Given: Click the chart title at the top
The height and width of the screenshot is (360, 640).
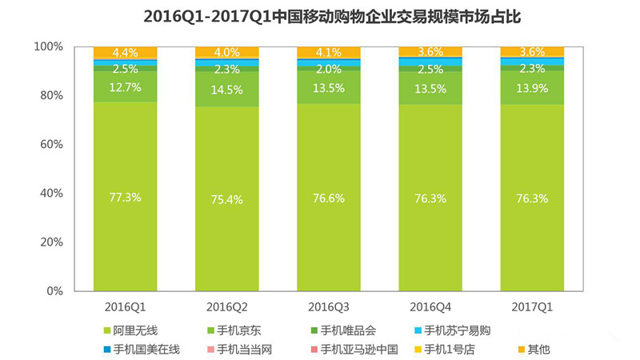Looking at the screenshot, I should [x=320, y=17].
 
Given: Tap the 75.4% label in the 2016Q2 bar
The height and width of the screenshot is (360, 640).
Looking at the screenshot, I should [x=227, y=199].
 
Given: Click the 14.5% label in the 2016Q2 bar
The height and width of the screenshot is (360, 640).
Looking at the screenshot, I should [x=227, y=89].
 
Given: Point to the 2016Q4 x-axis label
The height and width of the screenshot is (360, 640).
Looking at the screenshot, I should [x=430, y=306].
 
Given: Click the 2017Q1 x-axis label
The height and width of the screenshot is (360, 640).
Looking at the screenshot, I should [x=532, y=306].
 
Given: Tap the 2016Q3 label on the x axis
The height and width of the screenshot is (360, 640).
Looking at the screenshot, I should [x=329, y=306].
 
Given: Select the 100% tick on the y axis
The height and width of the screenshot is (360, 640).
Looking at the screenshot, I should [x=47, y=47].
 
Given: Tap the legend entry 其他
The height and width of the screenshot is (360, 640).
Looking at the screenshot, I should [x=535, y=349].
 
